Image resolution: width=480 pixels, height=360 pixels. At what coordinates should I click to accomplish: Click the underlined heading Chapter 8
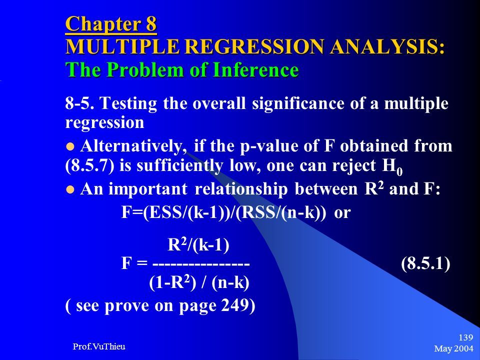point(111,24)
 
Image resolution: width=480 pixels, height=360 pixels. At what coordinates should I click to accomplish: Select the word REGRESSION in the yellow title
point(254,47)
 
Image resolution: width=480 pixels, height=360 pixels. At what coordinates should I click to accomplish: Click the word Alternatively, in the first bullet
point(133,146)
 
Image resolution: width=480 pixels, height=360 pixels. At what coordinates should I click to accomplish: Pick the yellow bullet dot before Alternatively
point(70,146)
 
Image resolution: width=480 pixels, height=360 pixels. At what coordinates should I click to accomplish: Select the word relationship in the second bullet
point(241,189)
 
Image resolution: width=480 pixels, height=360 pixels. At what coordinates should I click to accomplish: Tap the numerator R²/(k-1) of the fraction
point(198,245)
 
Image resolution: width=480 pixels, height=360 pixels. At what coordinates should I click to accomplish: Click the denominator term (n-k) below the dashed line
point(230,283)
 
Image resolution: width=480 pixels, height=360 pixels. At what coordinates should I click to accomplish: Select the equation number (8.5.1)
point(425,263)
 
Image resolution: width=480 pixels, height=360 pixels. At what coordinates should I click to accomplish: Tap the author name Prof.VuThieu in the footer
point(99,346)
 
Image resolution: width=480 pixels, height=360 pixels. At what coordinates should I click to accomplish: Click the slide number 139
point(466,337)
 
